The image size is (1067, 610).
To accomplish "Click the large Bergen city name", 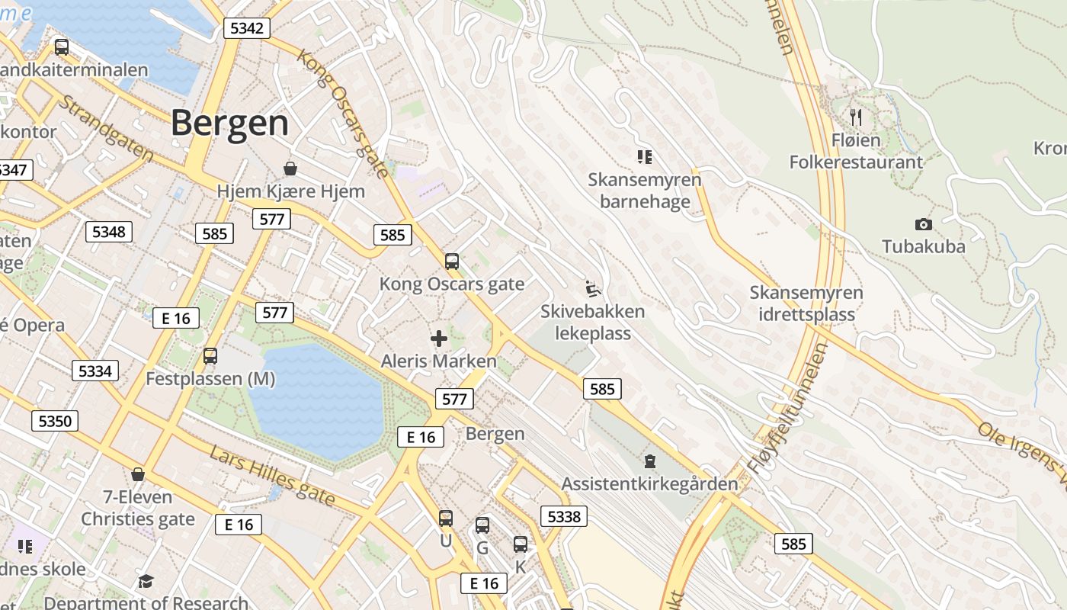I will click(x=230, y=123).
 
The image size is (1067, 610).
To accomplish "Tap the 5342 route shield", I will click(x=246, y=29).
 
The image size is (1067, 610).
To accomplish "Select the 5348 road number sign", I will click(x=109, y=232).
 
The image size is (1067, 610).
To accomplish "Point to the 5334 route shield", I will click(x=95, y=371).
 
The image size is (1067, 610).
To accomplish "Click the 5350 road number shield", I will click(x=55, y=421).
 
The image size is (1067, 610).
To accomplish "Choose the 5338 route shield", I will click(x=564, y=516).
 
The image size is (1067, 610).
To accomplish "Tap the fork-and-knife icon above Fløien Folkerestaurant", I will click(x=856, y=117).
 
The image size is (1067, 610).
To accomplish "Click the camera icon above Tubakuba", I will click(x=923, y=224).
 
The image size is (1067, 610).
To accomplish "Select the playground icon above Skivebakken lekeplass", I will click(x=592, y=289).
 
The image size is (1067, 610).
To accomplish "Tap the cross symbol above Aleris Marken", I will click(x=439, y=338).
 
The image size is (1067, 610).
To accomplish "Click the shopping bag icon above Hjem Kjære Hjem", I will click(x=290, y=168).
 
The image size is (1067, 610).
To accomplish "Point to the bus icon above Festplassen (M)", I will click(x=210, y=355).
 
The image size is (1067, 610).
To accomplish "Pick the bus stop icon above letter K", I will click(x=521, y=544).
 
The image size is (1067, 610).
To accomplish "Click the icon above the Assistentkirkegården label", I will click(x=649, y=461).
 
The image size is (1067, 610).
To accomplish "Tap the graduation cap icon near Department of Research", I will click(x=146, y=582).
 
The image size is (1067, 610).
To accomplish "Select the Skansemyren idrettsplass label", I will click(x=806, y=303).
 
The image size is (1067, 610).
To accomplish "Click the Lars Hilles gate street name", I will click(x=272, y=475).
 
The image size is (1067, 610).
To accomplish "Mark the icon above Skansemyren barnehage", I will click(x=645, y=157).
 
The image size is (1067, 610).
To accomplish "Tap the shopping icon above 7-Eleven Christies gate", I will click(x=138, y=474).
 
